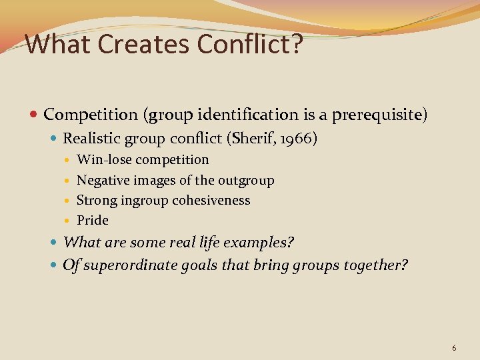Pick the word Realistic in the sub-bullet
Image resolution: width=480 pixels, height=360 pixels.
(89, 139)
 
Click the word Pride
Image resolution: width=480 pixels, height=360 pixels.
(93, 220)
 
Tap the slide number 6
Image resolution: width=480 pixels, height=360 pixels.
(454, 348)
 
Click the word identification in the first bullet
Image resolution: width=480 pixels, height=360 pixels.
(229, 115)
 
